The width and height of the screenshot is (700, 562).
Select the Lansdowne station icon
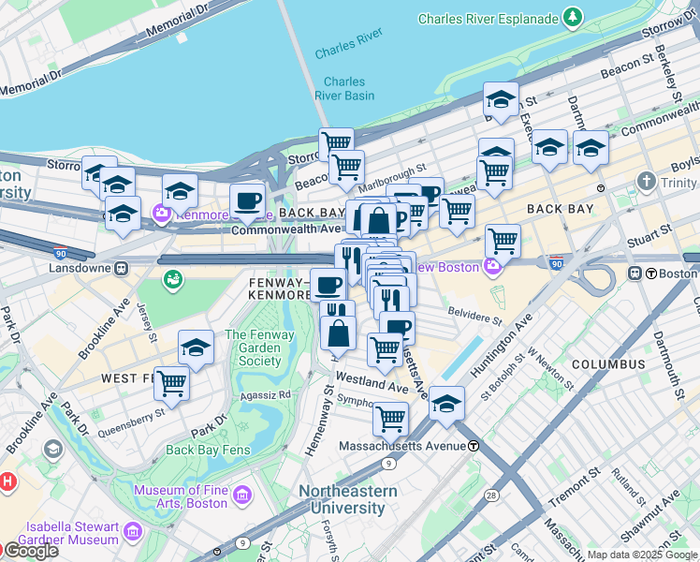pos(121,268)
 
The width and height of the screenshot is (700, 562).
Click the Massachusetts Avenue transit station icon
pos(474,446)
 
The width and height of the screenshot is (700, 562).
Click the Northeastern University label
pos(347,499)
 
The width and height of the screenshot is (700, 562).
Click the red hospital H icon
pos(7,482)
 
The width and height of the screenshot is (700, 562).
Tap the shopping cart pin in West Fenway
pos(171,381)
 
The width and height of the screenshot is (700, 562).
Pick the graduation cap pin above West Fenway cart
pos(196,347)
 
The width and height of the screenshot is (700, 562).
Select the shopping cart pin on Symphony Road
pos(390,418)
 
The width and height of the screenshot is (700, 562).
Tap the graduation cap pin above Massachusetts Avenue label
pos(447,403)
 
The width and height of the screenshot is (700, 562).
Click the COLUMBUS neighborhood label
pos(608,363)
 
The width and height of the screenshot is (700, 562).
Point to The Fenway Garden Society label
pos(253,348)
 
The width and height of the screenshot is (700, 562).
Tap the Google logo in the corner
pos(30,551)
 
